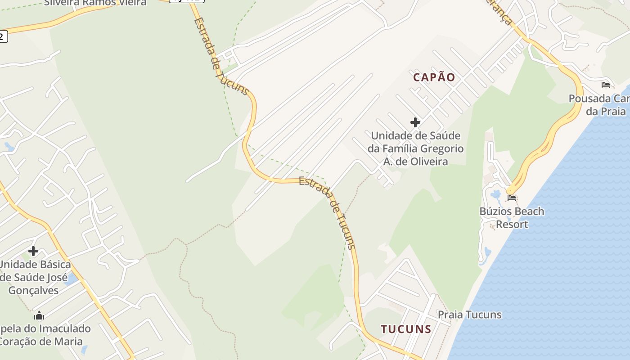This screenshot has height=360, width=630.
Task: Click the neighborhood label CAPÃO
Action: point(434,77)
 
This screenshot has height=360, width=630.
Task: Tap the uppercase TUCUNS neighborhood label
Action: point(406,329)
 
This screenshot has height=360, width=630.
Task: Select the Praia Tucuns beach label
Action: point(469,315)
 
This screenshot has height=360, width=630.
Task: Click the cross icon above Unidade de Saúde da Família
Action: point(415,122)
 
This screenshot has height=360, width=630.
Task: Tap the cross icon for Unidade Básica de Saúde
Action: point(33,251)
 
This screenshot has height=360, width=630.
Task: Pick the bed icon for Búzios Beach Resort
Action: point(512,198)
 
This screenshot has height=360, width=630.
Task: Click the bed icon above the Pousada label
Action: point(606,85)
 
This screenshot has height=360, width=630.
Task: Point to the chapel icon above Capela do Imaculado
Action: point(39,315)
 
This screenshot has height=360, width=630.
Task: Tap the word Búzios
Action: point(496,211)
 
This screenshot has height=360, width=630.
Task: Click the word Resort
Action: point(512,224)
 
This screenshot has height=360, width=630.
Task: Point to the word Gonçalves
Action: point(33,290)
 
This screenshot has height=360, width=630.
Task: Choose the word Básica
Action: point(53,264)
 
